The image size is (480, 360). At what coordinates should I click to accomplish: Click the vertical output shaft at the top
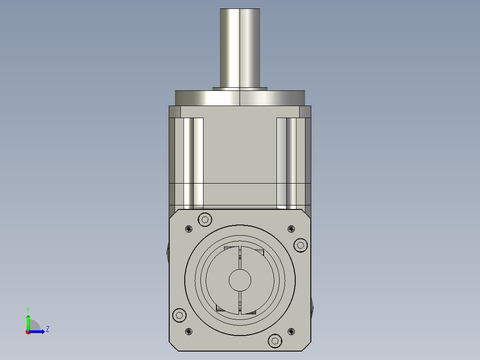(x=240, y=47)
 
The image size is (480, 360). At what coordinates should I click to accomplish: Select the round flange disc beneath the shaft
(x=240, y=98)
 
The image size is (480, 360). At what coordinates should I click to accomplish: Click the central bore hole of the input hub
(x=240, y=280)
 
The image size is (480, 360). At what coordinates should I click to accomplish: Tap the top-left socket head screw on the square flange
(x=205, y=219)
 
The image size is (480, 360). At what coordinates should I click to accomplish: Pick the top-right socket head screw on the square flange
(x=301, y=245)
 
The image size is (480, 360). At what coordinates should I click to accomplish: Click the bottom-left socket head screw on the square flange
(x=179, y=315)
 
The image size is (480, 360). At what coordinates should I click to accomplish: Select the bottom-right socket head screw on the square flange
(x=275, y=341)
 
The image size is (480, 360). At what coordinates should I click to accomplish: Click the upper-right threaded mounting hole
(x=291, y=229)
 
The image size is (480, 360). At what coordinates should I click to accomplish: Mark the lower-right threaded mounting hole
(x=291, y=331)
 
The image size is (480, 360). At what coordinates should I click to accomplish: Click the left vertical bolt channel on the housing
(x=193, y=163)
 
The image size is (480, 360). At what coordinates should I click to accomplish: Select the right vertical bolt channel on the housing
(x=287, y=163)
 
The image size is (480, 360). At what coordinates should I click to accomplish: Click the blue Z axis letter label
(x=47, y=329)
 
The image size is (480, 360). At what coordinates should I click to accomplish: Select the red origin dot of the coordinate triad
(x=28, y=332)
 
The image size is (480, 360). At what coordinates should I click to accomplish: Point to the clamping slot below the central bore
(x=240, y=303)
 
